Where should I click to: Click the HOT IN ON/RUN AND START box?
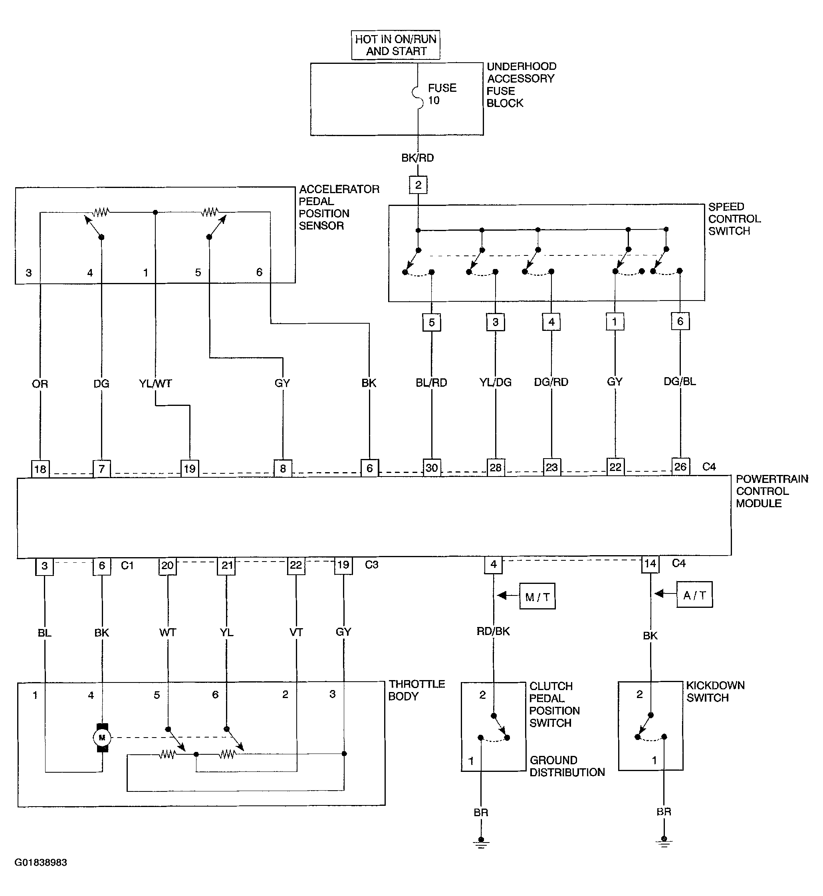[395, 45]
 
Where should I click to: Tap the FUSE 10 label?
[442, 94]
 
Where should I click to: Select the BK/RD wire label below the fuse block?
[418, 158]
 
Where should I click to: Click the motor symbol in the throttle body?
[102, 738]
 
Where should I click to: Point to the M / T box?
[537, 596]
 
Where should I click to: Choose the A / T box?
[694, 595]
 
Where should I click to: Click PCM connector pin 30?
[432, 468]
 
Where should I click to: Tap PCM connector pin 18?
[40, 469]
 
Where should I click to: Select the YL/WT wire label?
[155, 383]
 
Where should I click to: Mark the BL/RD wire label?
[431, 382]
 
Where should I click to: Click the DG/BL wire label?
[680, 382]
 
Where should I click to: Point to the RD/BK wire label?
[493, 631]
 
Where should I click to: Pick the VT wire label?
[296, 632]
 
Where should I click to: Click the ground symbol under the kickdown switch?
[664, 842]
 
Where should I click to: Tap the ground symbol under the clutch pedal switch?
[480, 843]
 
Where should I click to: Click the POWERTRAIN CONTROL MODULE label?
[772, 491]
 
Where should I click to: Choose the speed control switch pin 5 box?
[432, 322]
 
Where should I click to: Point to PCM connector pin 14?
[650, 564]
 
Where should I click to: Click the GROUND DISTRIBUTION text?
[567, 766]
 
